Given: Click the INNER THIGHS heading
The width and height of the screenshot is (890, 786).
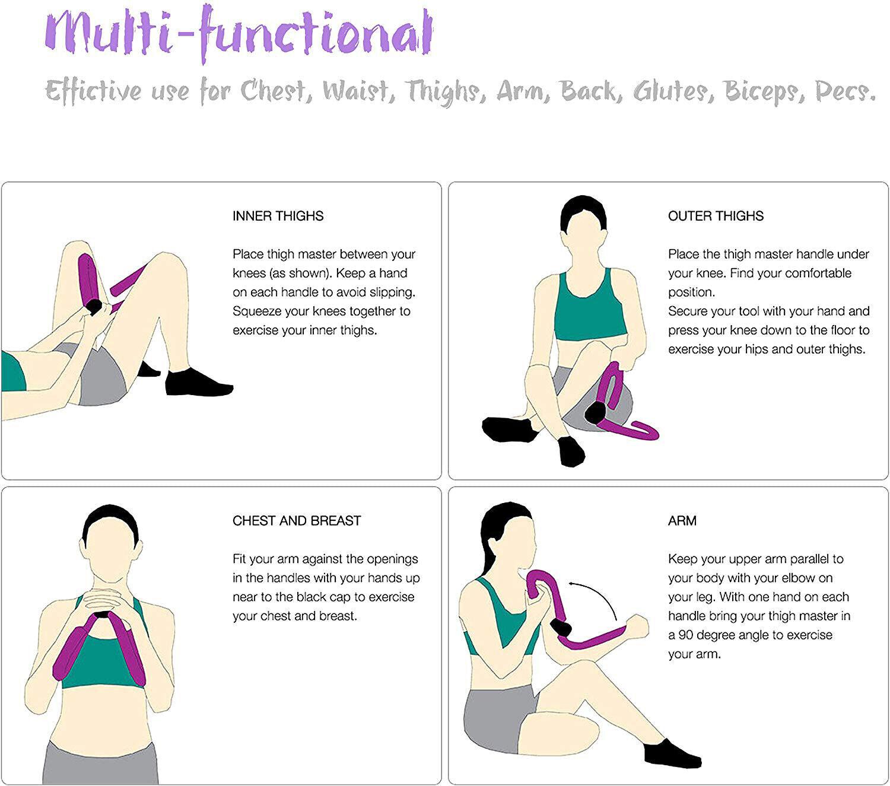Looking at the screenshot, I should pos(278,216).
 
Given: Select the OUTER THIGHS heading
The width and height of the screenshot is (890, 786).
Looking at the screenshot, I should pos(716,216).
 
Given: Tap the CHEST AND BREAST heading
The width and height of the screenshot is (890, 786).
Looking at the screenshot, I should pos(297,521).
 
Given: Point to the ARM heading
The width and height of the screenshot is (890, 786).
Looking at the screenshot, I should pos(682,521).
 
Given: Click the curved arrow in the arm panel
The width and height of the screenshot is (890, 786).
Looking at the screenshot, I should pos(593,596).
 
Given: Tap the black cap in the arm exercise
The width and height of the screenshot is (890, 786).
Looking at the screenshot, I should pos(560,627).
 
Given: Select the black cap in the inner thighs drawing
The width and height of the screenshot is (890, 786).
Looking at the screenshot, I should pos(94,306).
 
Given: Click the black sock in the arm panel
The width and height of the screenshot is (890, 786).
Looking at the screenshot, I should pos(670,754).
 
